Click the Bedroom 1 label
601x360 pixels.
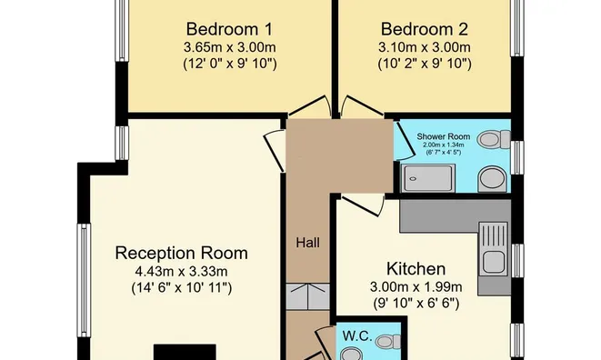pyautogui.click(x=229, y=29)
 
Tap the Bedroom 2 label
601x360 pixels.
pyautogui.click(x=425, y=29)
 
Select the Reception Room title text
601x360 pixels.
pyautogui.click(x=181, y=253)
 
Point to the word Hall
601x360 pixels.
pyautogui.click(x=308, y=243)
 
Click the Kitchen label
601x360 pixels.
pyautogui.click(x=416, y=269)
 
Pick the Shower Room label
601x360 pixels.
pyautogui.click(x=444, y=136)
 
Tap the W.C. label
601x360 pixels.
pyautogui.click(x=357, y=336)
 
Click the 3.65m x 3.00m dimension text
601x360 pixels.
pyautogui.click(x=230, y=47)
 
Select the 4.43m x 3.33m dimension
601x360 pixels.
pyautogui.click(x=181, y=272)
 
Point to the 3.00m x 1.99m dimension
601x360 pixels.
pyautogui.click(x=416, y=286)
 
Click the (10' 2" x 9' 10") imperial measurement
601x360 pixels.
pyautogui.click(x=425, y=64)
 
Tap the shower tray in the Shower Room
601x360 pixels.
pyautogui.click(x=428, y=178)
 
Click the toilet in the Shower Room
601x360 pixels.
pyautogui.click(x=494, y=139)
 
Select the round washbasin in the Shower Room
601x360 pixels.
pyautogui.click(x=492, y=179)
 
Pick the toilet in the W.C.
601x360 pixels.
pyautogui.click(x=388, y=341)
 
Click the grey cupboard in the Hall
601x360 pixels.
pyautogui.click(x=308, y=296)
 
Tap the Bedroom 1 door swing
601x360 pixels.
pyautogui.click(x=310, y=106)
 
